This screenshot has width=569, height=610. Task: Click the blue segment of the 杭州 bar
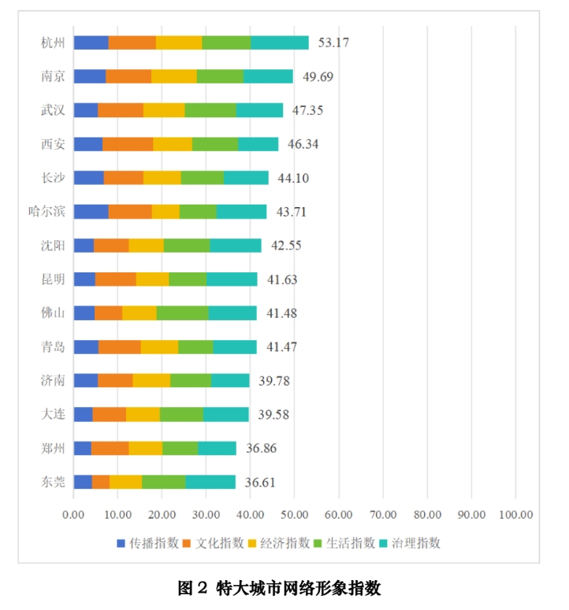91,43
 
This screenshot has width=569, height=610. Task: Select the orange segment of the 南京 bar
128,76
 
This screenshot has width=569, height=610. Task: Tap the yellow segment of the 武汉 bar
164,110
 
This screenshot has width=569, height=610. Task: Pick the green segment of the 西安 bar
215,144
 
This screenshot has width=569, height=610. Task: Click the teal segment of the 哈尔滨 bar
241,212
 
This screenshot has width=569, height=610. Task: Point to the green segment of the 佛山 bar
182,313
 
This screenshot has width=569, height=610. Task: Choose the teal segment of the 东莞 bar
210,482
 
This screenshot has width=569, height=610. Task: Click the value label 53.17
333,43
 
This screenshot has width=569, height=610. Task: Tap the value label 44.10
293,178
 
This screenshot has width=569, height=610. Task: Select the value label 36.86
261,449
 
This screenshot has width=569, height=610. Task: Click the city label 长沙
52,178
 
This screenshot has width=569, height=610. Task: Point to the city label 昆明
52,279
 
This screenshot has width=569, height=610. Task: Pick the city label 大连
52,415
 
